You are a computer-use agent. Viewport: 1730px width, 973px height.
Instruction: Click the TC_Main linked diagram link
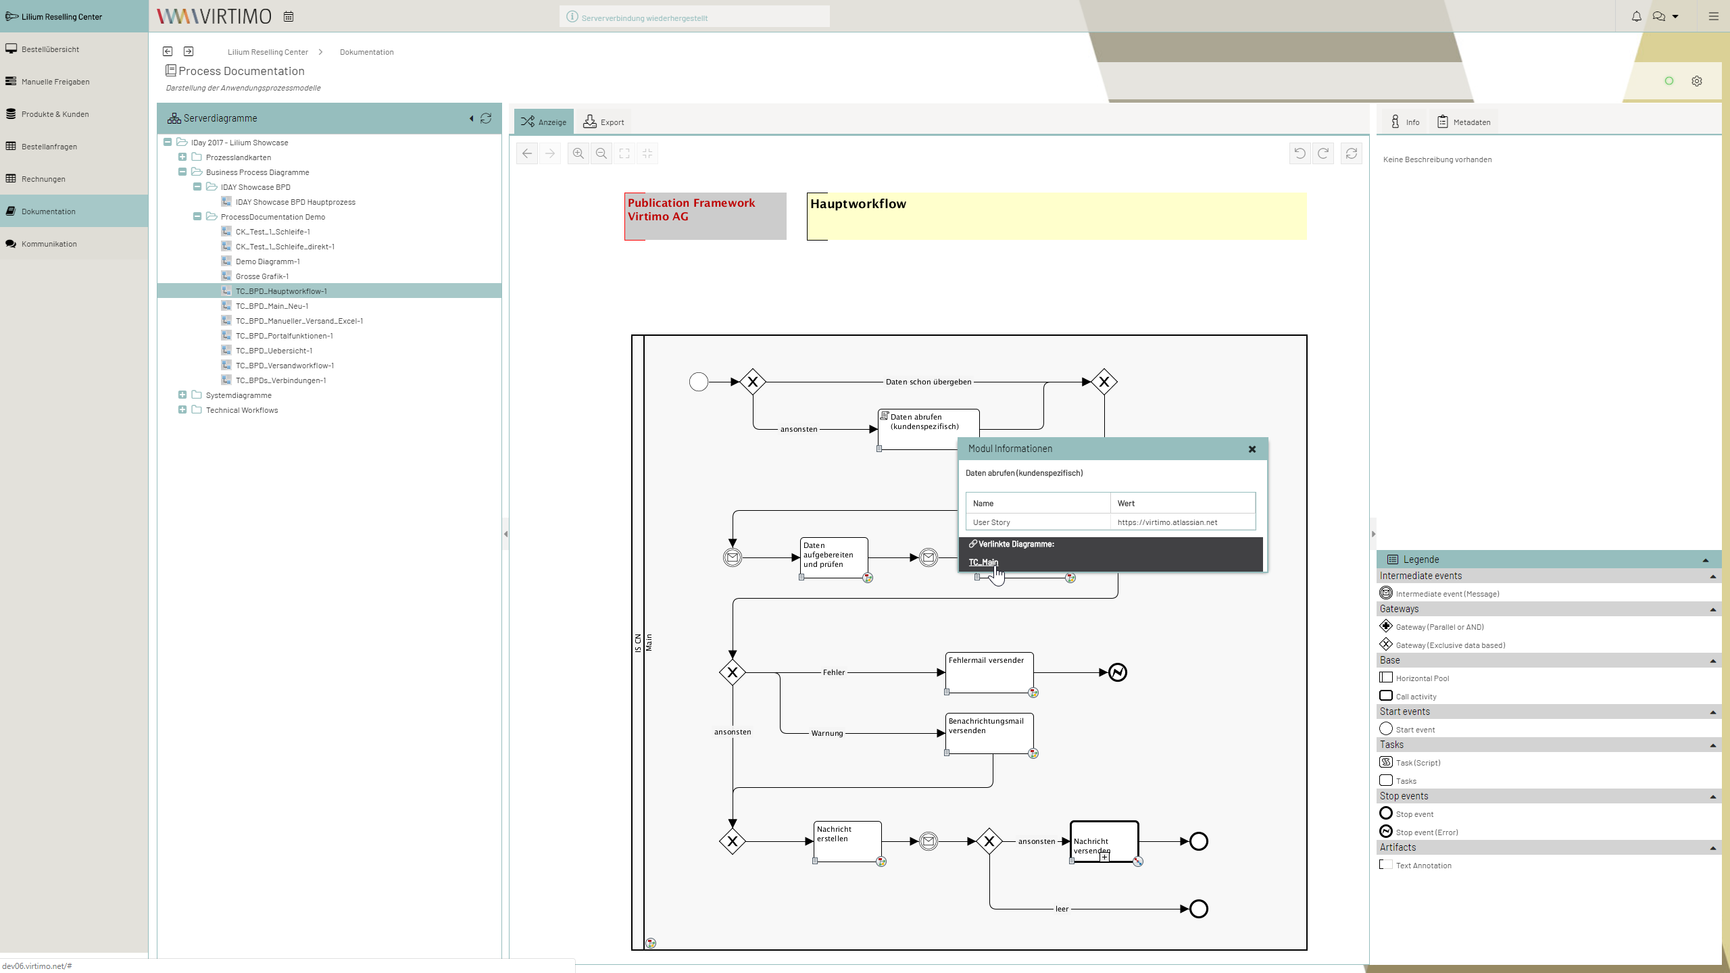coord(983,562)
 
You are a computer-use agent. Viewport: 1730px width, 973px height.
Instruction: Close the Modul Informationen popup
coord(1252,449)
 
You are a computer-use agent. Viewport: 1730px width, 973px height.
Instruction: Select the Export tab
coord(603,122)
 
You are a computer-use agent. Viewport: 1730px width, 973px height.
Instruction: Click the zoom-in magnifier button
coord(578,154)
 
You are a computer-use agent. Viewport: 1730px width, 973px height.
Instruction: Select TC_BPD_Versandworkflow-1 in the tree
coord(285,366)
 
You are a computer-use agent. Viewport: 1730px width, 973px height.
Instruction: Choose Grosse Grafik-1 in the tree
coord(262,276)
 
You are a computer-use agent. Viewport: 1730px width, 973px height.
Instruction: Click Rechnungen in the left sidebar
coord(43,179)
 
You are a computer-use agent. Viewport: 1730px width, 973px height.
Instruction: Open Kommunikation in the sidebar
coord(49,244)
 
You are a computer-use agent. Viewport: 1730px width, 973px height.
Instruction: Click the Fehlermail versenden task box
coord(989,672)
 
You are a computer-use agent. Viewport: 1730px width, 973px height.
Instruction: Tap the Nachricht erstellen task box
coord(847,841)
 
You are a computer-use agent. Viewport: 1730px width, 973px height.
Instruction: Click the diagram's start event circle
coord(699,382)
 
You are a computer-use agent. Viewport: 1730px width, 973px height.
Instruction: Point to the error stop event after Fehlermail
coord(1118,672)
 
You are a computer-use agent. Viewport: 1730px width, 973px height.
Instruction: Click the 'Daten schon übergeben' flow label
coord(929,382)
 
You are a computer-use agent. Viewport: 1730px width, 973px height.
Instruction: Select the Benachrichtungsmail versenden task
coord(989,733)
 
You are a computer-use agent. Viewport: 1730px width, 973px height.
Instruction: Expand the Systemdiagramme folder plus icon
coord(182,395)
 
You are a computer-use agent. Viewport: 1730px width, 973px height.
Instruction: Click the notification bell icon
coord(1636,16)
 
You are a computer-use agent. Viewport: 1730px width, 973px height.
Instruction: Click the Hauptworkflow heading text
coord(858,204)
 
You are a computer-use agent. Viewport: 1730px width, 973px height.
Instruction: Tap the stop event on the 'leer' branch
coord(1199,909)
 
